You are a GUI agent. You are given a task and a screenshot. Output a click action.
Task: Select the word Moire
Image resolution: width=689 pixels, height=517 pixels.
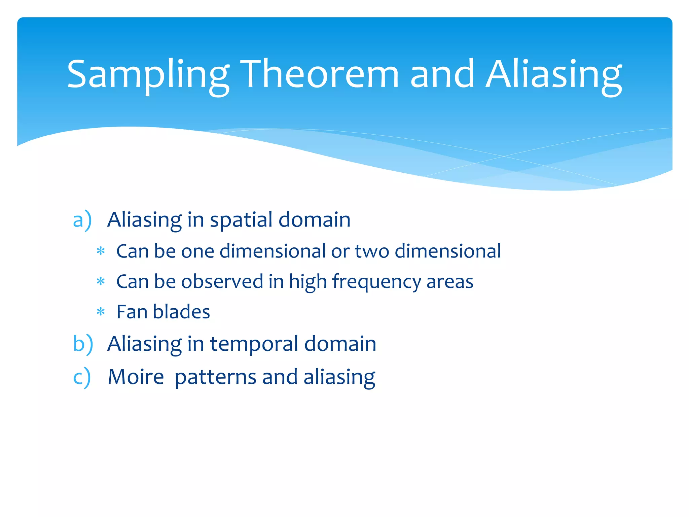136,377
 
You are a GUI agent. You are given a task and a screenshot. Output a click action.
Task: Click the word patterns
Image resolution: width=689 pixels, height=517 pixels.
216,377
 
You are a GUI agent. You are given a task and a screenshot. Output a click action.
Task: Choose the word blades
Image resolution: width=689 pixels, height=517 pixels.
181,312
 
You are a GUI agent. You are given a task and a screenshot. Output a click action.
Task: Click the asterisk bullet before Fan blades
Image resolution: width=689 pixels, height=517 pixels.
101,312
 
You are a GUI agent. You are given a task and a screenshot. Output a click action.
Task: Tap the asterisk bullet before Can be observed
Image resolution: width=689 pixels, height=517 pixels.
101,281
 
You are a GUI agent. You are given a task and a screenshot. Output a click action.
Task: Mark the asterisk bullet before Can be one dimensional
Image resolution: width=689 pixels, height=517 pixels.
101,251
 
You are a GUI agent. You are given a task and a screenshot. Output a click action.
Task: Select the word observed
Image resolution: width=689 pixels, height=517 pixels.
222,281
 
